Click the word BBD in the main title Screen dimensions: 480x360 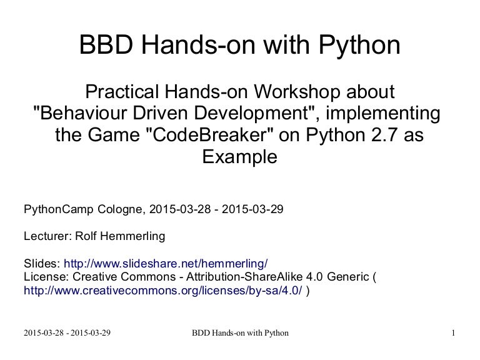106,45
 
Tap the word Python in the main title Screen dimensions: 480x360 359,46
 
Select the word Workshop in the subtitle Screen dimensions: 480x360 297,91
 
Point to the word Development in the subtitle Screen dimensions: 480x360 251,114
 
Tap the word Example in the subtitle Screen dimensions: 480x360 240,157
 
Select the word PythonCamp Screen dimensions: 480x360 59,210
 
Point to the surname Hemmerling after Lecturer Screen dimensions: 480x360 132,237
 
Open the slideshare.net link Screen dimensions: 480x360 166,264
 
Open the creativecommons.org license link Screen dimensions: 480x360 163,290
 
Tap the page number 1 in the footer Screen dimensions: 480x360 453,332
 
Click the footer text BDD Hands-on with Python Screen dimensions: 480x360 240,333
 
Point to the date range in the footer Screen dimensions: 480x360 67,332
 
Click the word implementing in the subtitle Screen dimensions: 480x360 383,114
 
